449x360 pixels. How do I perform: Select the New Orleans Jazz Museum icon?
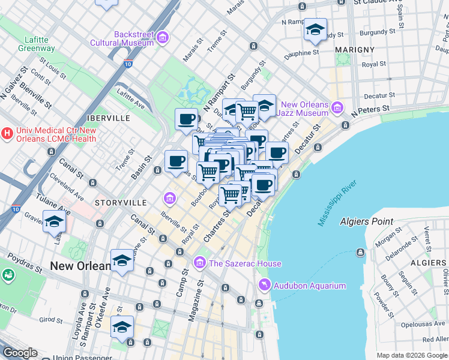tap(337, 109)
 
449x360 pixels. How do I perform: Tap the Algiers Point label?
tap(366, 221)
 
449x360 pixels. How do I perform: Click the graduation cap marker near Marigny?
tap(315, 30)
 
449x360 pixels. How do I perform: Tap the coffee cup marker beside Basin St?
tap(176, 162)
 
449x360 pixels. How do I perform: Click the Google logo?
tap(20, 353)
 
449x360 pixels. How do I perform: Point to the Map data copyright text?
tap(412, 355)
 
